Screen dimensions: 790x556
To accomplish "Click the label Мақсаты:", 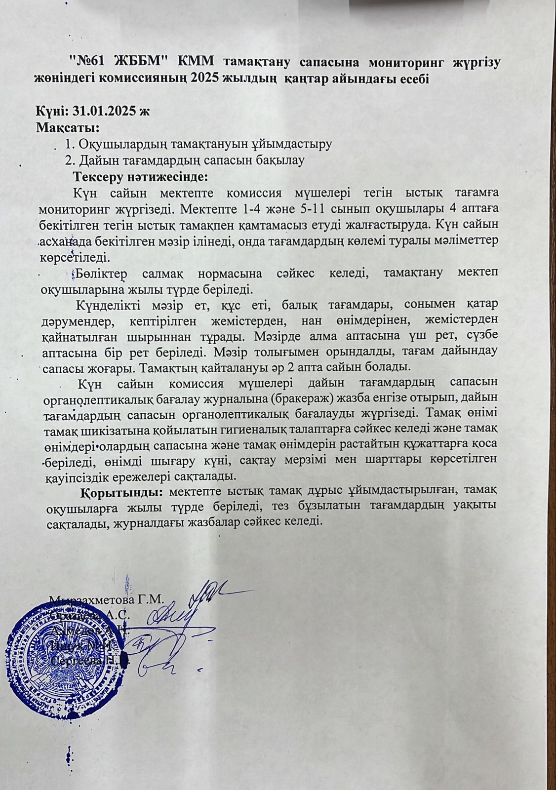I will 68,128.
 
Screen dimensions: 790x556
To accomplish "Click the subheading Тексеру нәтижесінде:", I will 140,176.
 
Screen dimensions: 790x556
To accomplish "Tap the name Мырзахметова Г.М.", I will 107,600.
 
